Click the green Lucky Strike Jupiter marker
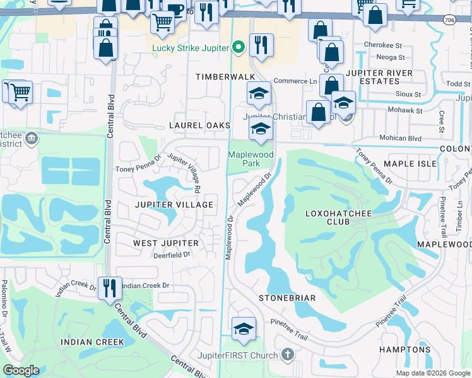point(239,47)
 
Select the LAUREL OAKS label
point(199,126)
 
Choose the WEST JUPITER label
point(166,243)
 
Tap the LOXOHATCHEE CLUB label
point(338,217)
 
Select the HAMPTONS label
point(404,350)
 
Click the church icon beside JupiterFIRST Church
point(288,355)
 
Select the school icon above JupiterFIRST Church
point(244,329)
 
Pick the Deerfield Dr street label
point(172,255)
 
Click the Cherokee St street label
point(384,46)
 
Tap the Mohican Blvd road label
point(399,138)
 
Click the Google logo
point(21,370)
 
